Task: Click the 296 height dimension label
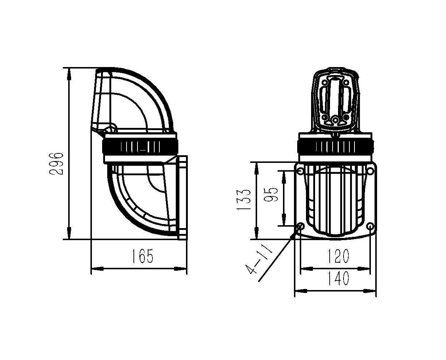(56, 164)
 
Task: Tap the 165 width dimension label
(143, 256)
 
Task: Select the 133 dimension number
(243, 200)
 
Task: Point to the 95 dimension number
(271, 194)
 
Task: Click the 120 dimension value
(338, 256)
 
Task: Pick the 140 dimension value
(338, 278)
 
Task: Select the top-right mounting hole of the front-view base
(370, 171)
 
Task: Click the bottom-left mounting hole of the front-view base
(301, 226)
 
